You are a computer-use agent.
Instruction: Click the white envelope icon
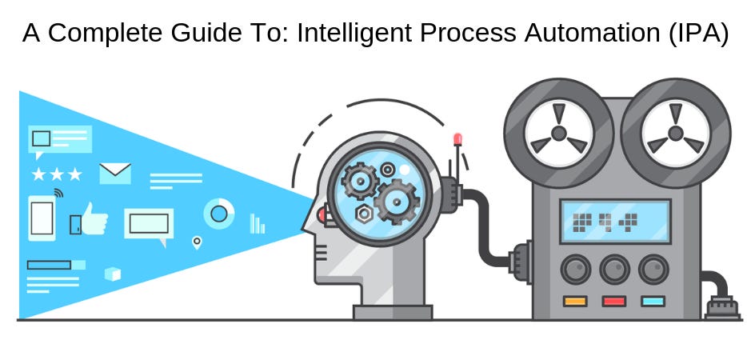pos(114,173)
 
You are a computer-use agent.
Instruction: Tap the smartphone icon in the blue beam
pos(42,217)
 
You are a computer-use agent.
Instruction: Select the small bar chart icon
pos(257,223)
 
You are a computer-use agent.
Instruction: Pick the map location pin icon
pos(196,241)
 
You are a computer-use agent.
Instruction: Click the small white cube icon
pos(113,274)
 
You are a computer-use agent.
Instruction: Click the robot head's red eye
pos(322,214)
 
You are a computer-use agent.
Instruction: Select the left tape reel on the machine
pos(558,132)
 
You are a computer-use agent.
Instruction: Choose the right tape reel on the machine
pos(676,132)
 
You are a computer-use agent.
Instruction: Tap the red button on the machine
pos(614,302)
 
